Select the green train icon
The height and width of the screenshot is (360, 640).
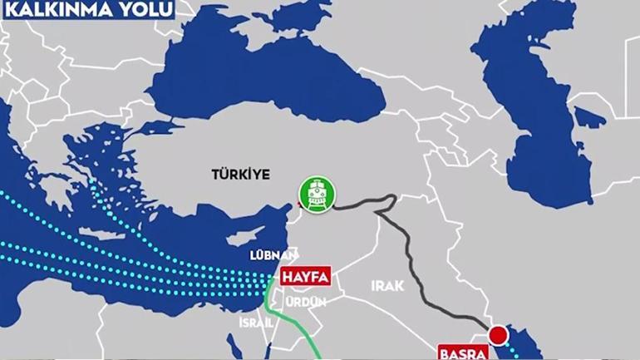tap(316, 195)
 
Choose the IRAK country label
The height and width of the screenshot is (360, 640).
tap(388, 285)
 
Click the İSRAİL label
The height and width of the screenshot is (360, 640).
tap(255, 322)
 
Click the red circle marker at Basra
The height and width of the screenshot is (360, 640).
tap(498, 337)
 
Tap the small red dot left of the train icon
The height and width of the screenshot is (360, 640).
tap(298, 204)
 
